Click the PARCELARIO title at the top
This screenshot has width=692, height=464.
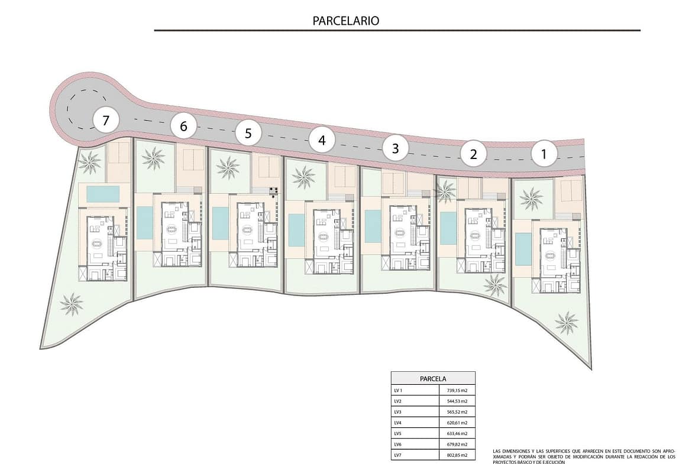coord(345,21)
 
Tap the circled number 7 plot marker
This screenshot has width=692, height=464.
coord(105,120)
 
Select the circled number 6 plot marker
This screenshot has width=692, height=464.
coord(183,126)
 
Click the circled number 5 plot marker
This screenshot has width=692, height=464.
coord(248,133)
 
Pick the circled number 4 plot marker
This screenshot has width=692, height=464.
coord(322,140)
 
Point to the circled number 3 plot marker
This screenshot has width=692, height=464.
coord(396,148)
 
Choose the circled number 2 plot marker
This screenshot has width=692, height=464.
coord(474,154)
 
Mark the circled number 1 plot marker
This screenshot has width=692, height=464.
coord(544,154)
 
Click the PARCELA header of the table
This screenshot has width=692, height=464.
coord(433,379)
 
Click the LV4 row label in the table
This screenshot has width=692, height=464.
coord(398,423)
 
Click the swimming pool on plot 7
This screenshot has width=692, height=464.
coord(103,194)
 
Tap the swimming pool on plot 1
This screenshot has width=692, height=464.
coord(523,249)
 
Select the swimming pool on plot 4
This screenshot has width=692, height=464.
coord(296,231)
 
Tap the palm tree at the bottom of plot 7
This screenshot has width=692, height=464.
coord(72,304)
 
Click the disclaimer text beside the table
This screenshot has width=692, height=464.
coord(583,456)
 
